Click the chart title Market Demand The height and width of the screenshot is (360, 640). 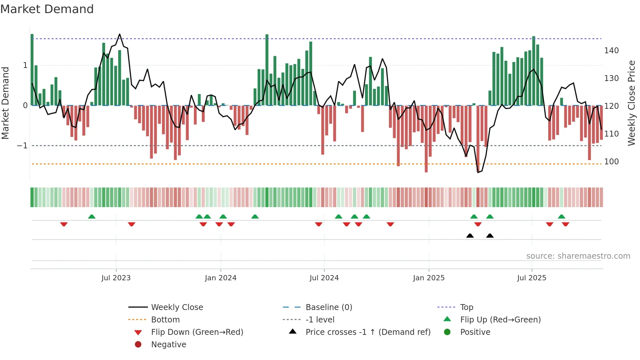47,9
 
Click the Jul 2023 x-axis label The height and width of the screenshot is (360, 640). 116,278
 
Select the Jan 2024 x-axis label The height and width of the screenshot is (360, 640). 220,278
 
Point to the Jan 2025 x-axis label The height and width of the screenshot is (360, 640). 428,278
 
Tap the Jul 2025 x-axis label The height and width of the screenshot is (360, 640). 532,278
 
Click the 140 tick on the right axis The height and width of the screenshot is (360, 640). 611,51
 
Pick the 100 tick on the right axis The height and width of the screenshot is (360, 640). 611,162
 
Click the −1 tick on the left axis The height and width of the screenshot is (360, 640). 22,146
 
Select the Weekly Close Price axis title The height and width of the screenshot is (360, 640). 632,103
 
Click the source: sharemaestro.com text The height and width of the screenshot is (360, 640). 578,256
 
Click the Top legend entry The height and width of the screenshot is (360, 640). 467,307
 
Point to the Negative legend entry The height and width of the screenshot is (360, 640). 168,345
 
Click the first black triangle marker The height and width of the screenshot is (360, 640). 470,236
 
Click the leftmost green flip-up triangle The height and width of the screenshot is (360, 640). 92,217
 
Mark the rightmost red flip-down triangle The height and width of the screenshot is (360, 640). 566,224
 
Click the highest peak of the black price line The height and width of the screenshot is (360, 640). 120,34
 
